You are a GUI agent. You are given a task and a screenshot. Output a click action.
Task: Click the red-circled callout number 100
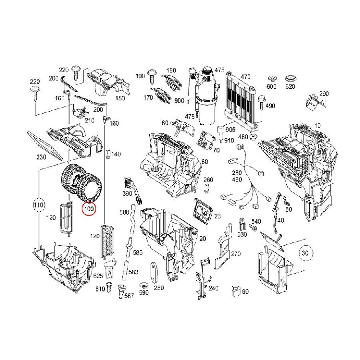pyautogui.click(x=89, y=209)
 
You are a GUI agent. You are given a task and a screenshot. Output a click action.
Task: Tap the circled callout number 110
pyautogui.click(x=38, y=205)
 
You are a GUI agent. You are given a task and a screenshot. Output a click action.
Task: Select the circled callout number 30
pyautogui.click(x=305, y=253)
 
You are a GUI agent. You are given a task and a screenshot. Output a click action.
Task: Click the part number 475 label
pyautogui.click(x=219, y=70)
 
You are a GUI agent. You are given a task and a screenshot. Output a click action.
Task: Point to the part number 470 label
pyautogui.click(x=246, y=77)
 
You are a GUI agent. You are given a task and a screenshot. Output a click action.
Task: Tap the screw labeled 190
pyautogui.click(x=152, y=76)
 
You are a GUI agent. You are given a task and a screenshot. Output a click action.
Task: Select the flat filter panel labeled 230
pyautogui.click(x=44, y=145)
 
